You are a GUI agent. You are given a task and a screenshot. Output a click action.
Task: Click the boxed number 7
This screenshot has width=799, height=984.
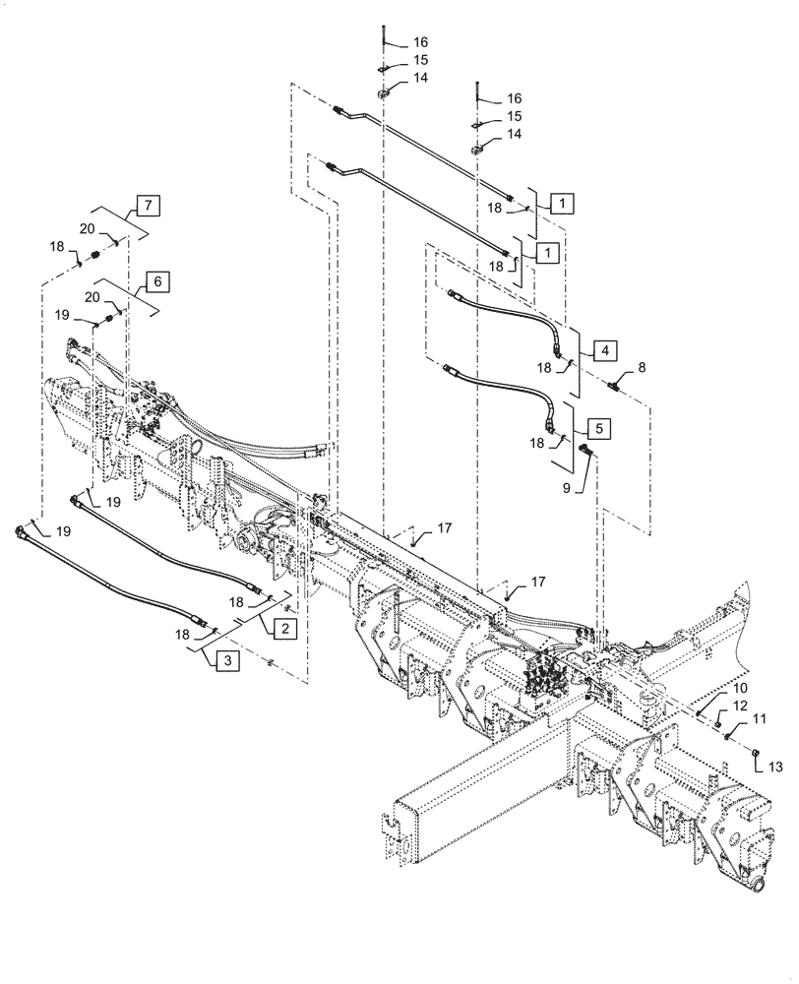148,207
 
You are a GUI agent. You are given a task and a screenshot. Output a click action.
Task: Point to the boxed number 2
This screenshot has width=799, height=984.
282,627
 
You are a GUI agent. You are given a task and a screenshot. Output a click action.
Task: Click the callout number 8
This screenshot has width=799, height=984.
642,366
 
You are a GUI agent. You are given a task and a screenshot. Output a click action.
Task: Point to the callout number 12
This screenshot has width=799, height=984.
740,707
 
